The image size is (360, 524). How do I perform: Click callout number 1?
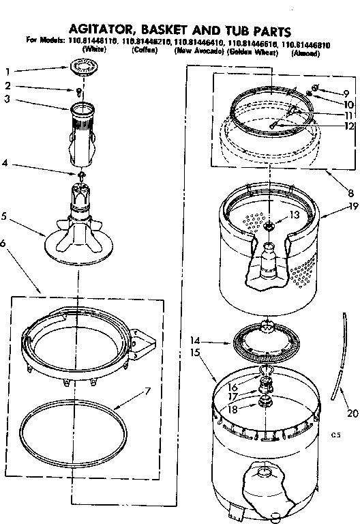(x=8, y=72)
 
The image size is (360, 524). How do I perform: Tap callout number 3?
(x=8, y=100)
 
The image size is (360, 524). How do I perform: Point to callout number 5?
(x=8, y=218)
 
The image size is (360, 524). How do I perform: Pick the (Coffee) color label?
(x=145, y=52)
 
